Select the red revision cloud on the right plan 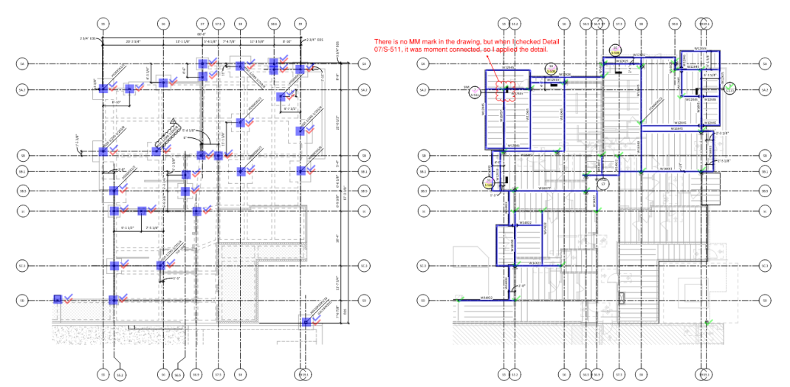coord(508,92)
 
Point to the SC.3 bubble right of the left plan coord(363,266)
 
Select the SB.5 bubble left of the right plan coord(423,191)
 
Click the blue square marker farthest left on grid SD coord(57,300)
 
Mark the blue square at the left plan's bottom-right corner coord(306,322)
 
